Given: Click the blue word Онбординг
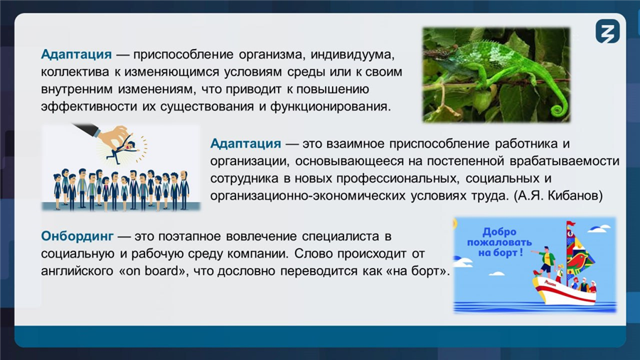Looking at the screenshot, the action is tap(77, 236).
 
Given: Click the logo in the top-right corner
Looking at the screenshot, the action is tap(607, 31).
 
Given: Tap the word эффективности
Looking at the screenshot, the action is tap(89, 107).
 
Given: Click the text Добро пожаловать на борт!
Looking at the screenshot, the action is tap(499, 242).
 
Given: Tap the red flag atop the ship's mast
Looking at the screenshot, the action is tap(570, 224).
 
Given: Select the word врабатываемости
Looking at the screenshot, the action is tap(565, 162).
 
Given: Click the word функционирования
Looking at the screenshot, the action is tap(330, 107).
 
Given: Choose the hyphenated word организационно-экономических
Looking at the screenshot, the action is tap(308, 196).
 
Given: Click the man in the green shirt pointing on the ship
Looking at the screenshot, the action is tap(545, 261).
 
